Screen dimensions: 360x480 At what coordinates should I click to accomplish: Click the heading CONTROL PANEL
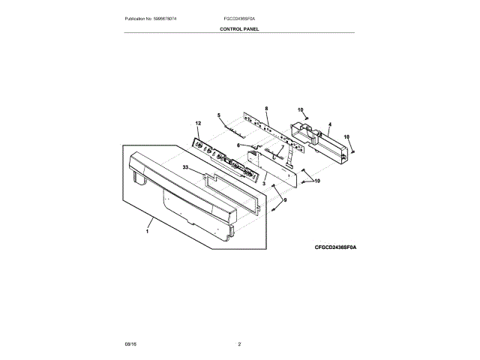(x=239, y=28)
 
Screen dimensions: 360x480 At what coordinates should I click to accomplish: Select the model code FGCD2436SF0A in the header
(x=239, y=17)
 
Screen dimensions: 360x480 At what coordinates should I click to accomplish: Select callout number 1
(x=148, y=232)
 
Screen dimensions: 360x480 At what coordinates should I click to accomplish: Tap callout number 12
(x=199, y=122)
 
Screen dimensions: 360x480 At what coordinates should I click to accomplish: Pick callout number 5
(x=219, y=115)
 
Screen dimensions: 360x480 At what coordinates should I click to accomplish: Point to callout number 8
(x=266, y=108)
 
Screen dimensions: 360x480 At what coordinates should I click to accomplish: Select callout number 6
(x=238, y=145)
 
